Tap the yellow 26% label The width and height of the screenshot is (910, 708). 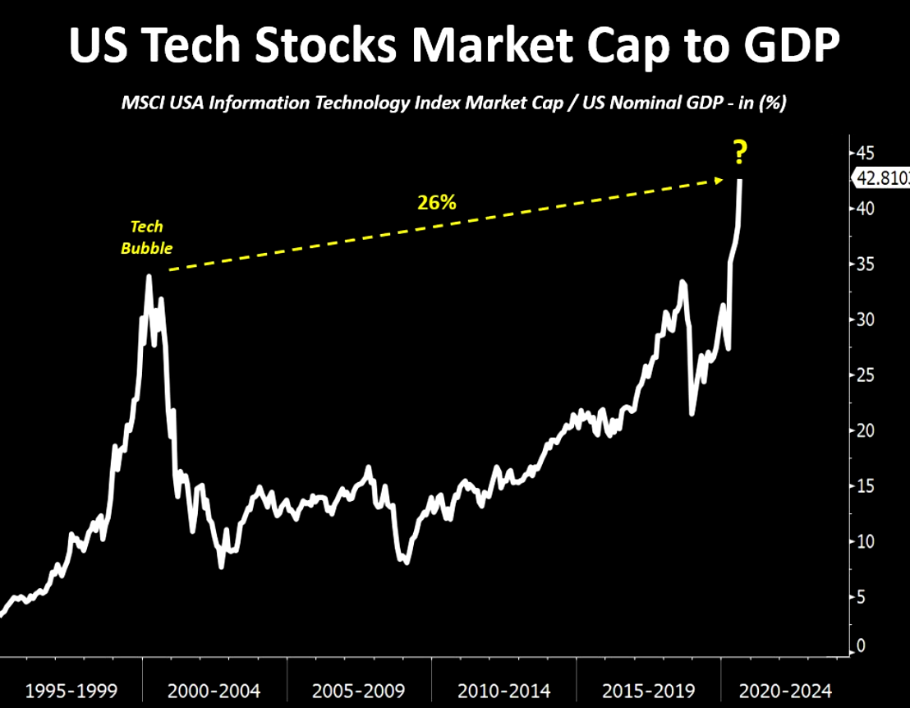[436, 202]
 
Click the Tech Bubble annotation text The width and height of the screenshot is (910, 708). [147, 237]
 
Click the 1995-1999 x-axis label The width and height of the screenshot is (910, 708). [71, 690]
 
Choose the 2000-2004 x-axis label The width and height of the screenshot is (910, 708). [214, 690]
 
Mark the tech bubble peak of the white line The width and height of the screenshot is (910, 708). [149, 276]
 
